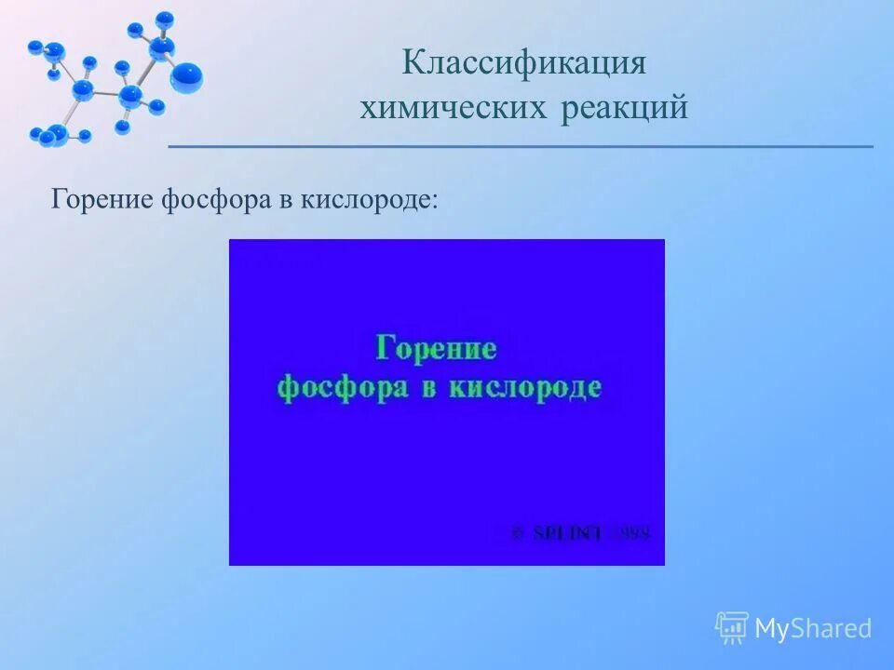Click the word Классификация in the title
click(x=524, y=65)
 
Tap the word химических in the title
click(x=453, y=109)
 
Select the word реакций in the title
click(x=625, y=109)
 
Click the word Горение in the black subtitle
click(x=102, y=199)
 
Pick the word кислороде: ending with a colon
click(x=369, y=199)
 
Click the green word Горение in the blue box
click(x=436, y=349)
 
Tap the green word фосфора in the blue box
click(x=343, y=387)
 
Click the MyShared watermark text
click(x=813, y=629)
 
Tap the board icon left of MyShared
click(x=732, y=628)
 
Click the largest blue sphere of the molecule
click(x=186, y=77)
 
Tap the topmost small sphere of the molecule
click(x=165, y=18)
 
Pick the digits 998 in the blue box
click(x=636, y=533)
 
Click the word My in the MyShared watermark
click(x=772, y=629)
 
